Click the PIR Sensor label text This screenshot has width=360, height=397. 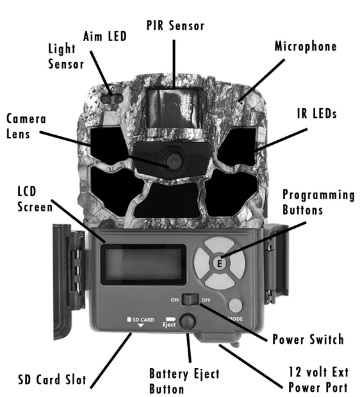176,26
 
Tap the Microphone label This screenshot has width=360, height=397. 306,47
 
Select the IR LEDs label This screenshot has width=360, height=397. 316,113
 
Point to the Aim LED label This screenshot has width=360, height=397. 105,36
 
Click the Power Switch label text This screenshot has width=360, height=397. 308,339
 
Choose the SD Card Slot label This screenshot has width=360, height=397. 52,380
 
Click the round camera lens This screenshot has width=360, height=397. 174,160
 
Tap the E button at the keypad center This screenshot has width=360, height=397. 219,263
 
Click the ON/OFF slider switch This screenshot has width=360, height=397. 190,300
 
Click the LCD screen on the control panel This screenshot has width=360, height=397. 143,264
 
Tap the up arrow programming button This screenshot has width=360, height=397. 219,245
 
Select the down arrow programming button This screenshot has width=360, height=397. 219,281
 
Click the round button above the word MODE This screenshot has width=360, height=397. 235,305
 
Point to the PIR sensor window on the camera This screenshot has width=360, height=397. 173,108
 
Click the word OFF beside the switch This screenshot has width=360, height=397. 206,300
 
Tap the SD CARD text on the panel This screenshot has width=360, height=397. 141,320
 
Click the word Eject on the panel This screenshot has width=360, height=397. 169,325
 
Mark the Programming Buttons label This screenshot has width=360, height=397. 318,202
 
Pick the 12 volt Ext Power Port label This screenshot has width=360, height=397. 318,380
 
